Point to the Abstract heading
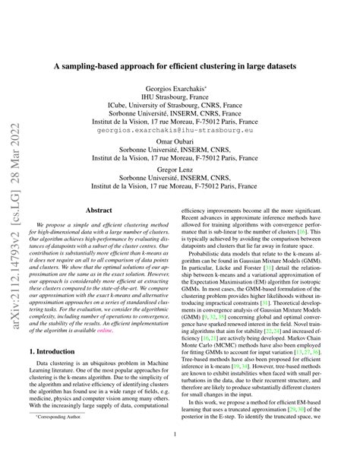tap(99, 210)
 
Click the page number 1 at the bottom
tap(180, 435)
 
